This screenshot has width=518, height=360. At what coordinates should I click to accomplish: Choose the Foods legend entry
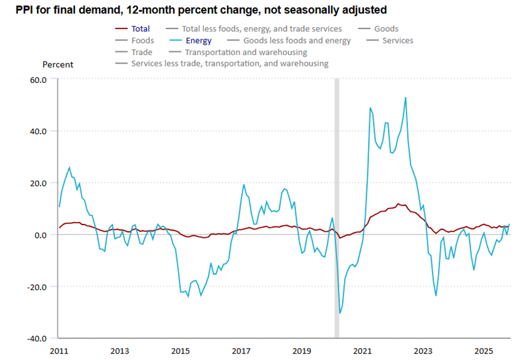[x=143, y=41]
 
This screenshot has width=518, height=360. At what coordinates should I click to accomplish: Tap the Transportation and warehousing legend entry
[x=246, y=52]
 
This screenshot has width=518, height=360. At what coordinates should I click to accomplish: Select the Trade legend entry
[x=141, y=52]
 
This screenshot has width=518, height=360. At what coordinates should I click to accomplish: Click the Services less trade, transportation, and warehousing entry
[x=230, y=64]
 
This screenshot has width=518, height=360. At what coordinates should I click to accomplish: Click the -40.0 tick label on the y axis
[x=37, y=338]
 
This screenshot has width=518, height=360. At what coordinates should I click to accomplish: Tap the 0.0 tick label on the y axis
[x=41, y=235]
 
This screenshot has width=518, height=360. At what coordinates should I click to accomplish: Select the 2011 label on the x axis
[x=59, y=350]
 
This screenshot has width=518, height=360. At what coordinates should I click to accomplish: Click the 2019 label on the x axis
[x=302, y=350]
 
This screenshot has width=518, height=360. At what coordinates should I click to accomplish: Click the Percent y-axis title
[x=58, y=64]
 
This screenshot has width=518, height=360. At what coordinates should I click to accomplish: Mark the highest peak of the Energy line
[x=405, y=98]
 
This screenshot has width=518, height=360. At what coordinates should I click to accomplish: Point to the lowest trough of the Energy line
[x=340, y=313]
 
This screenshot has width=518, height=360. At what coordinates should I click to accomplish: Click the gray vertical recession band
[x=337, y=199]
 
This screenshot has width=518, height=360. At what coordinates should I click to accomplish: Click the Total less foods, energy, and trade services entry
[x=262, y=29]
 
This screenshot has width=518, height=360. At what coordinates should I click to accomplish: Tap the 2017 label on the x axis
[x=241, y=350]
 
